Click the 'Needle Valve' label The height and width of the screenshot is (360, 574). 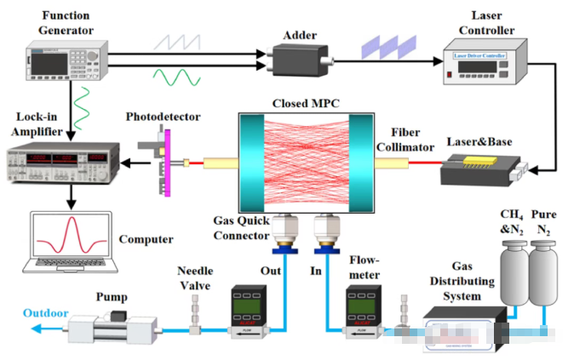point(195,277)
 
